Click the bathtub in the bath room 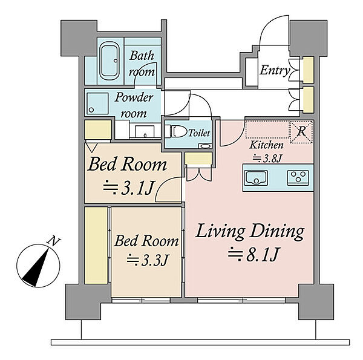tap(110, 61)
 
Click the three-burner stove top tap(298, 177)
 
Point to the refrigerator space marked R tap(301, 132)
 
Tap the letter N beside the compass tap(54, 241)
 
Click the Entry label tap(275, 70)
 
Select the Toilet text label tap(199, 133)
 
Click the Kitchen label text tap(266, 145)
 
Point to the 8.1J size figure tap(254, 254)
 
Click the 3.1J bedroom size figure tap(128, 188)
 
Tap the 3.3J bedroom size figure tap(147, 260)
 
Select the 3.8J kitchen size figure tap(267, 159)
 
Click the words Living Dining tap(249, 231)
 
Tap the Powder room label tap(134, 105)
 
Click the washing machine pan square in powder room tap(97, 103)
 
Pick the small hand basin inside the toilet tap(205, 146)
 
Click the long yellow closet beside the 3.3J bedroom tap(96, 245)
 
